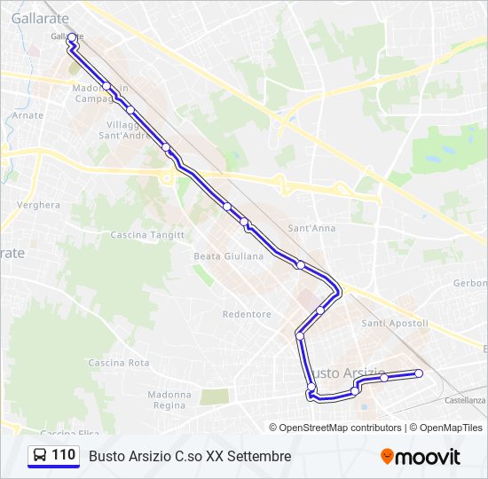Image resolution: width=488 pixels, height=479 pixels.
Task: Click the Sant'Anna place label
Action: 311,228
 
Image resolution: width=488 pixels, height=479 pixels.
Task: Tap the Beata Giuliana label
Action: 229,256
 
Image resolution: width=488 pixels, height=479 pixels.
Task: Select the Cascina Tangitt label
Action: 147,235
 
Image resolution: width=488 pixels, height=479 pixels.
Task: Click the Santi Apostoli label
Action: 395,324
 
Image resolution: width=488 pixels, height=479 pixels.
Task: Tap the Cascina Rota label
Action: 119,363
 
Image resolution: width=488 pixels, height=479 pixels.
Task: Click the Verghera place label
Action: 38,205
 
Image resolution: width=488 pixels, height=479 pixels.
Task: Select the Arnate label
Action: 28,115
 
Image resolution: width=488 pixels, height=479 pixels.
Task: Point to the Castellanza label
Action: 465,400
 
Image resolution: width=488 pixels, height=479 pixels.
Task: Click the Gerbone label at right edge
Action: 470,283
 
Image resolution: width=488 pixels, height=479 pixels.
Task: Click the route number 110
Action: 63,455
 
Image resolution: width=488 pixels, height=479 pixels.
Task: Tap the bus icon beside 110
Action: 40,456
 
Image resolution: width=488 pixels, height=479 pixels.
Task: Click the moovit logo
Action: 421,457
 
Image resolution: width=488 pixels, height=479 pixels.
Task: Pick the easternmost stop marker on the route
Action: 419,373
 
